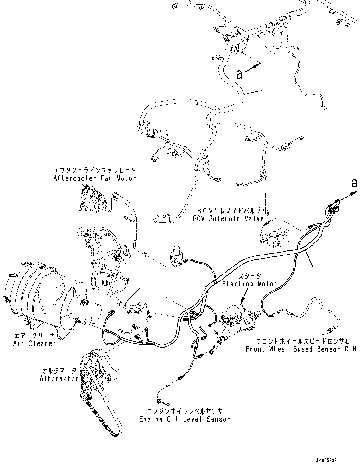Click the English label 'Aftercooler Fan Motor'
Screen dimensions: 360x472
pos(95,178)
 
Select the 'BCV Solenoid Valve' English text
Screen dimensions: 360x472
pos(228,219)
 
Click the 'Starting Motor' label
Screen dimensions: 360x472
pos(249,284)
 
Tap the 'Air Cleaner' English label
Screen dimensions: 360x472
pos(35,343)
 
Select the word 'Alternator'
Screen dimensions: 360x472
pos(59,379)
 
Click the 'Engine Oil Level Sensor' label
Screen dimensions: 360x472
pos(185,419)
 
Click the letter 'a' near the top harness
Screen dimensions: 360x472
pos(239,74)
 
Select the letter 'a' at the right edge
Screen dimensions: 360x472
pos(354,183)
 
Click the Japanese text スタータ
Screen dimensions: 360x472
pos(250,276)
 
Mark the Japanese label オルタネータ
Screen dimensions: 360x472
pos(59,370)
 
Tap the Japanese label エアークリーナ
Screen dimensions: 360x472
pos(35,336)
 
